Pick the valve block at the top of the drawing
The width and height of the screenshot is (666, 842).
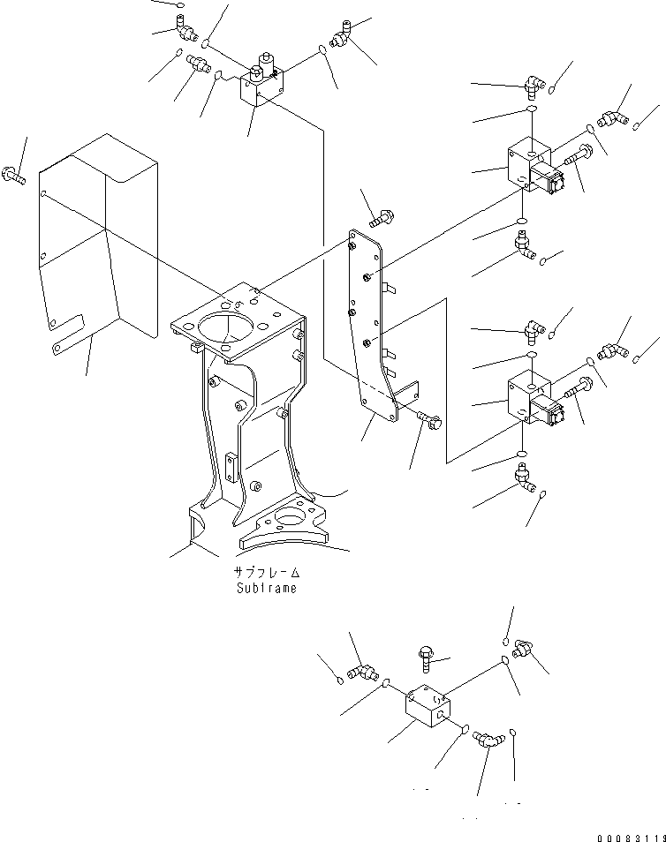261,85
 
